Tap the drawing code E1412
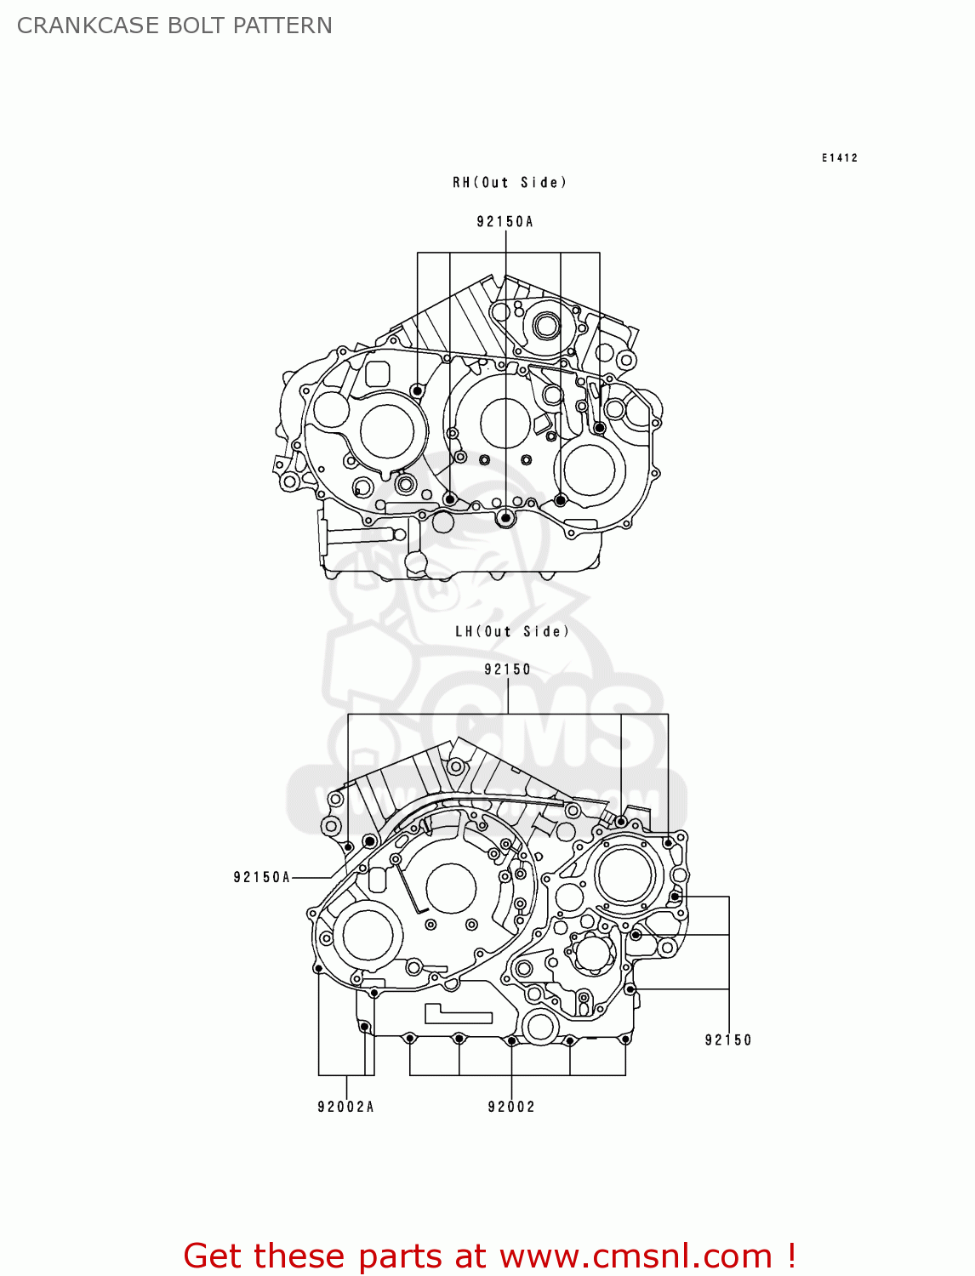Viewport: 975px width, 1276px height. click(x=839, y=157)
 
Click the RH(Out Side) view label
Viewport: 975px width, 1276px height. click(x=509, y=182)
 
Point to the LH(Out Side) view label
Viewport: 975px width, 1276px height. click(x=511, y=631)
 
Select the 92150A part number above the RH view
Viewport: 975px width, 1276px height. click(x=505, y=222)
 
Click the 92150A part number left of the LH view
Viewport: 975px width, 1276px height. click(x=262, y=877)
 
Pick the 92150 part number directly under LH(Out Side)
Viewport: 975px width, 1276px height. click(x=507, y=669)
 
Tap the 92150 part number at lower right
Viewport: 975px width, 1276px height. click(x=727, y=1040)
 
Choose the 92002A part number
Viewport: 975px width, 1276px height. click(x=345, y=1107)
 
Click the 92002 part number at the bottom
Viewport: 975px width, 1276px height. click(x=511, y=1107)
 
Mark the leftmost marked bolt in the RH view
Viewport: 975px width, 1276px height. click(x=417, y=390)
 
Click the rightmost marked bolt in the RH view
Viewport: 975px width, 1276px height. click(x=600, y=428)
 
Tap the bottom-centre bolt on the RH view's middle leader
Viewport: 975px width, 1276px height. click(x=506, y=517)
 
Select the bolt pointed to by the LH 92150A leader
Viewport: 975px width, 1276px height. click(x=370, y=841)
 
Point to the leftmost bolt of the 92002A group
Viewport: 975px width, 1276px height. click(x=318, y=968)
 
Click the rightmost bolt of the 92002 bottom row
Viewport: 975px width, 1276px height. click(x=625, y=1039)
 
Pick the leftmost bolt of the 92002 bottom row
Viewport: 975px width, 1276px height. click(x=410, y=1038)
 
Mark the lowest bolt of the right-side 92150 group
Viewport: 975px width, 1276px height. click(x=630, y=989)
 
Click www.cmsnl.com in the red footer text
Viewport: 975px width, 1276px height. click(x=636, y=1256)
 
